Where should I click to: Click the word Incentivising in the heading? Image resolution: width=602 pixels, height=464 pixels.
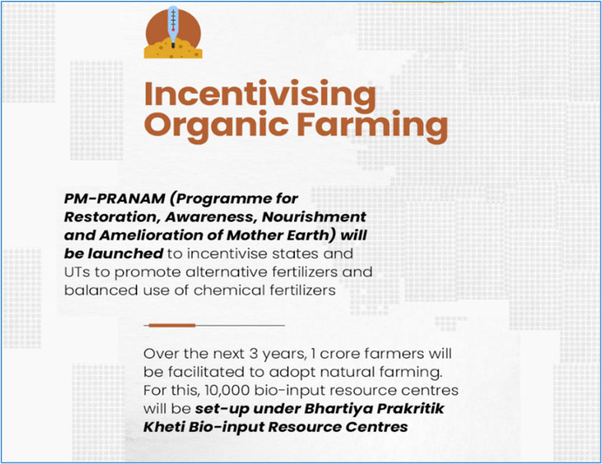[260, 94]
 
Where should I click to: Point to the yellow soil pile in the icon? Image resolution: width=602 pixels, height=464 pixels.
[173, 49]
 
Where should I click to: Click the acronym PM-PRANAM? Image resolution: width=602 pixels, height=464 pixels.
[115, 199]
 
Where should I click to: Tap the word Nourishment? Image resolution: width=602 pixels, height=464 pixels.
[314, 217]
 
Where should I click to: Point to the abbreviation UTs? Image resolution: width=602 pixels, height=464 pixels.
[77, 272]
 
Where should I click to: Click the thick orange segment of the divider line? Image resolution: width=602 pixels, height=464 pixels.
[172, 325]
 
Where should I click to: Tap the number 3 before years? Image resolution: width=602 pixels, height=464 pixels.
[253, 354]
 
